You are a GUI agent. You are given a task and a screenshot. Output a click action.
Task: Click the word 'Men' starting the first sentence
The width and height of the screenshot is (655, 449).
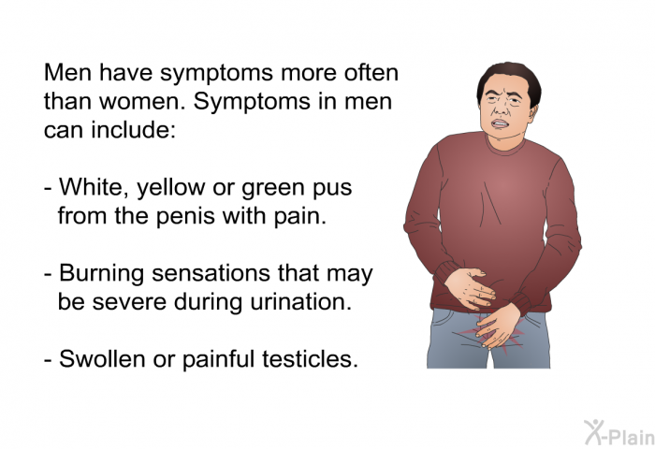(68, 73)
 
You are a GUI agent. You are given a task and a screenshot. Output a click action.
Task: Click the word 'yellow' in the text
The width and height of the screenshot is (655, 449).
(171, 188)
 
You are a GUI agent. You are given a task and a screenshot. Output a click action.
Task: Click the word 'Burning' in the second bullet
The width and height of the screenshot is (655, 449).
(101, 274)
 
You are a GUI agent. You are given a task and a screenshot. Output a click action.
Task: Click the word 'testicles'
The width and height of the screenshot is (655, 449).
(310, 359)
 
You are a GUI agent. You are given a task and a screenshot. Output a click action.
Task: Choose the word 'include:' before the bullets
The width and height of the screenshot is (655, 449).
(134, 130)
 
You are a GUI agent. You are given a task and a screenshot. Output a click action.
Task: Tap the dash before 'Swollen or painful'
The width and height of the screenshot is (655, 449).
(48, 359)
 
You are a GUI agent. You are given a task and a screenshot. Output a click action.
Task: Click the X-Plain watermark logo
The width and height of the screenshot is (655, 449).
(619, 433)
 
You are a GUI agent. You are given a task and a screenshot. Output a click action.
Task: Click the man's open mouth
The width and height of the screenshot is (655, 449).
(501, 124)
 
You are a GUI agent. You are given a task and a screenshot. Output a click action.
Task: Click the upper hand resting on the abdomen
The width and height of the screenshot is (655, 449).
(471, 288)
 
